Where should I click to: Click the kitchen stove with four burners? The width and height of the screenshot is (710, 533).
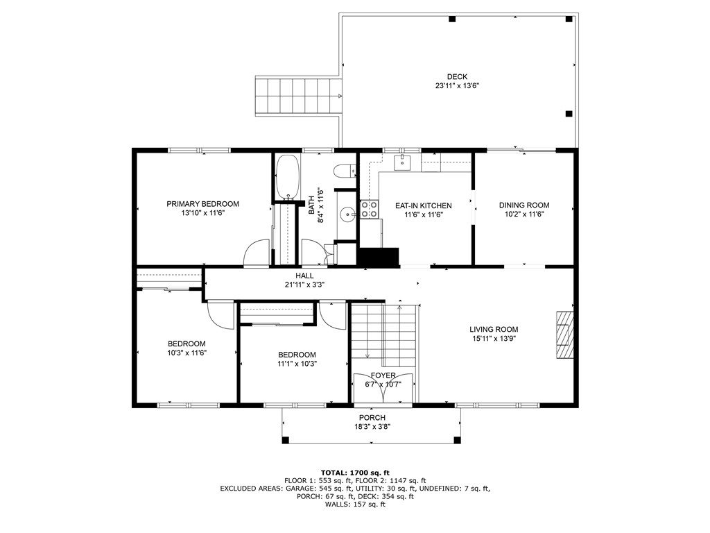coord(369,210)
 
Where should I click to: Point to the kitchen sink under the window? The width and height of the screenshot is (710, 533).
coord(402,163)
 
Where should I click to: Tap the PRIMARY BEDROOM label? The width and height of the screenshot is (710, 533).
coord(202,204)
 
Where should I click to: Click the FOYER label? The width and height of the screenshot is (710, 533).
coord(383,375)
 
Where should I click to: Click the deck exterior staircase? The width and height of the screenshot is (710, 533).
coord(300,96)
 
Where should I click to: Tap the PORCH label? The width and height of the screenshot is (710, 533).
coord(372,418)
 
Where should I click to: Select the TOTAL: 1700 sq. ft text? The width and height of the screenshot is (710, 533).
coord(354,471)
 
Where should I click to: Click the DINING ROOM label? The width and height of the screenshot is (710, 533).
coord(523,205)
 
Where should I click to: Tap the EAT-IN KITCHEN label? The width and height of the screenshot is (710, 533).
coord(423,206)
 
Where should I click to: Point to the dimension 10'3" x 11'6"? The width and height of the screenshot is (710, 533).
coord(187,353)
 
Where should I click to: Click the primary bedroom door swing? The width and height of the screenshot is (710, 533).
coord(257,252)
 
